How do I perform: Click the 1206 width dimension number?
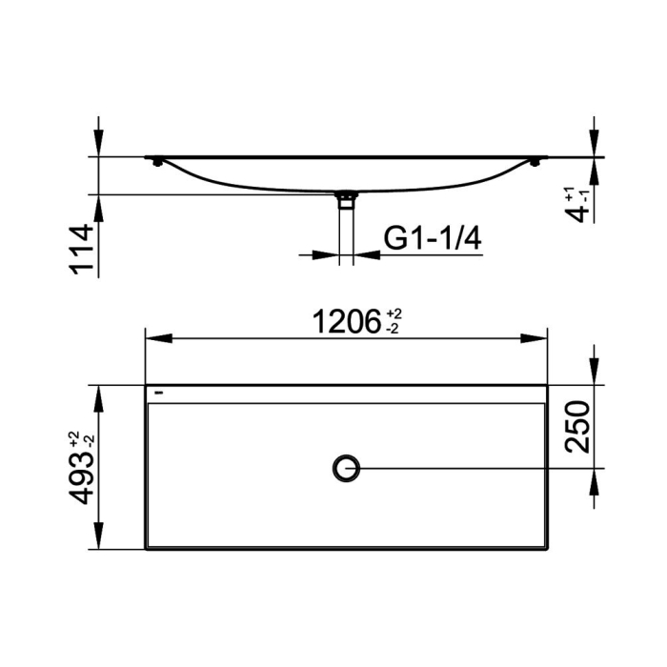(347, 322)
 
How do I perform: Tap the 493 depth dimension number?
(81, 477)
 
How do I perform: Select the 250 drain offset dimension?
(577, 427)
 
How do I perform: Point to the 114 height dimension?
(81, 250)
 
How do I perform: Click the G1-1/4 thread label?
(433, 238)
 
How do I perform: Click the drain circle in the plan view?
(346, 469)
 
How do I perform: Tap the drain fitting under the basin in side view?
(346, 199)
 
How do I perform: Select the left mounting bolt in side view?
(158, 162)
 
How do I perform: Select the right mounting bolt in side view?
(535, 162)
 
